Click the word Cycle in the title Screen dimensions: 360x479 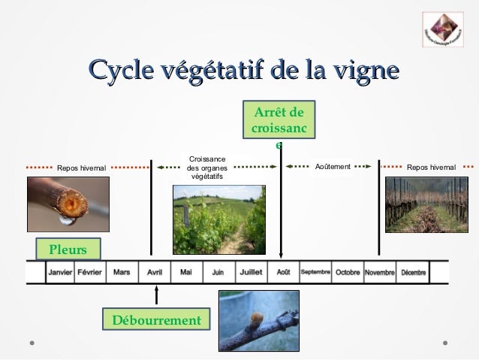117,73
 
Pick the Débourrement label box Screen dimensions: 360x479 156,321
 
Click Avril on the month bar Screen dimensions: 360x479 155,272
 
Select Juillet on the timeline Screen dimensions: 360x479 251,272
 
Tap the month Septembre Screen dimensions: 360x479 315,272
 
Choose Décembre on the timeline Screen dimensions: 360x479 414,272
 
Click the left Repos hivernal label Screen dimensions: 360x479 82,167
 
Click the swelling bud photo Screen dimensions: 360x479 258,321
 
